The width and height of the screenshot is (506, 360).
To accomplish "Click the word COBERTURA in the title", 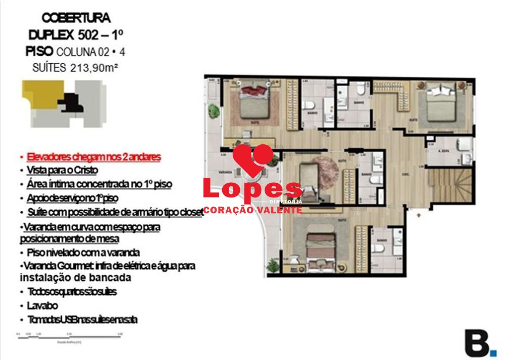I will (x=76, y=18).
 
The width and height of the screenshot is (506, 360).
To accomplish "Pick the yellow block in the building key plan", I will (x=40, y=94).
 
